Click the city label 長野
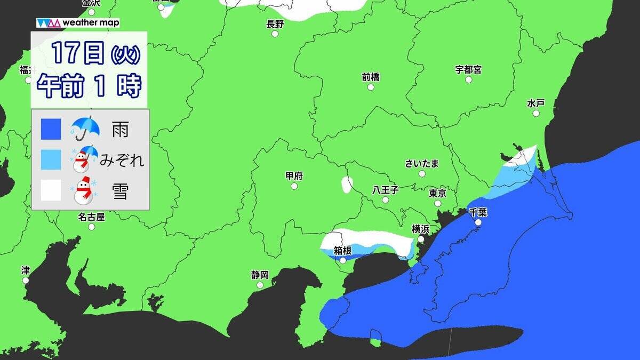click(x=275, y=23)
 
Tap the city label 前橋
click(x=370, y=77)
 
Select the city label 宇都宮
click(x=468, y=70)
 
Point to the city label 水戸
click(x=535, y=103)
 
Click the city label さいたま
click(x=422, y=163)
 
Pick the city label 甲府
click(x=294, y=176)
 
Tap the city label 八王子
click(x=385, y=190)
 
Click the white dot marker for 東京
click(x=438, y=203)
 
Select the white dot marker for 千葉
click(x=478, y=222)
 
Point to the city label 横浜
click(x=420, y=229)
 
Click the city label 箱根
click(x=342, y=250)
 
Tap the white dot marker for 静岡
click(x=260, y=285)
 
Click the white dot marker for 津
click(x=26, y=280)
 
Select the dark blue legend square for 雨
click(x=51, y=129)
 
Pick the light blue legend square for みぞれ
click(x=51, y=159)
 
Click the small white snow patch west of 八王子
click(x=347, y=185)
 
